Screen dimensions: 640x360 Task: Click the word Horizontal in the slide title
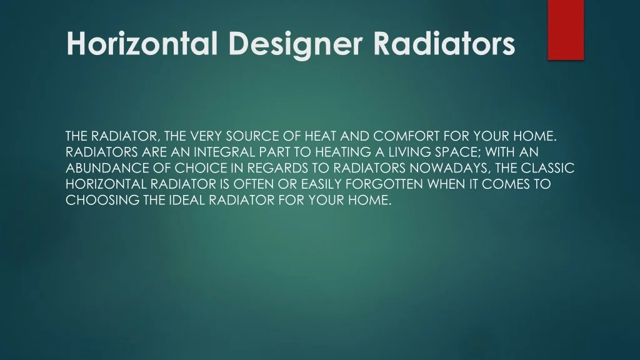pos(142,43)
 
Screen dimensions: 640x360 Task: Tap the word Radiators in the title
pos(444,43)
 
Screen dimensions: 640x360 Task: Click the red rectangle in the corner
pos(566,30)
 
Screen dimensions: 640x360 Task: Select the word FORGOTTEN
pos(384,184)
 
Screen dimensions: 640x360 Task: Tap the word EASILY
pos(321,184)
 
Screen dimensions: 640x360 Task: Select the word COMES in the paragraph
pos(503,184)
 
